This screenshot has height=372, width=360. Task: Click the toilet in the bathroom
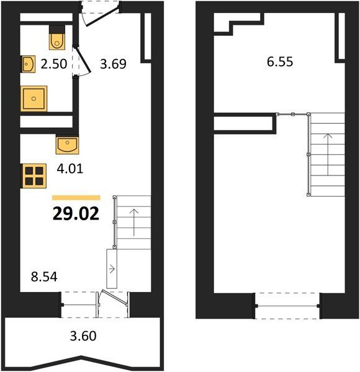point(57,37)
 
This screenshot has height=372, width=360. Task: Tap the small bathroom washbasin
point(29,64)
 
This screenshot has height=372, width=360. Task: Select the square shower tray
point(34,99)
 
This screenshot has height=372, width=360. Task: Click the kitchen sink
point(68,144)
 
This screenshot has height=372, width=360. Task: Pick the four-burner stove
point(34,176)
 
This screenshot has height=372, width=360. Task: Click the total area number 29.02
point(76,213)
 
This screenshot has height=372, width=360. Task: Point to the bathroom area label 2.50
point(54,64)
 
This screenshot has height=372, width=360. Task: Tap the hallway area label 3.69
point(113,64)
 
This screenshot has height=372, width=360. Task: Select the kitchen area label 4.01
point(70,169)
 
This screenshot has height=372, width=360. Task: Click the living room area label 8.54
point(44,277)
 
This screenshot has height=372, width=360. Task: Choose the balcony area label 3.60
point(83,336)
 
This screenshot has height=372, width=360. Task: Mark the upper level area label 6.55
point(280,61)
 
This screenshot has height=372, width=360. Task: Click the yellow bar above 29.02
point(76,198)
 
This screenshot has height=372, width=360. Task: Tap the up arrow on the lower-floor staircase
point(134,223)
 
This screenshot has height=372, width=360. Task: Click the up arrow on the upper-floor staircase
point(328,154)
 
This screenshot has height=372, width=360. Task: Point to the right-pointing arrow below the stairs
point(112,269)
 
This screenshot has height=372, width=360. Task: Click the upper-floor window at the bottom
point(287,306)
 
